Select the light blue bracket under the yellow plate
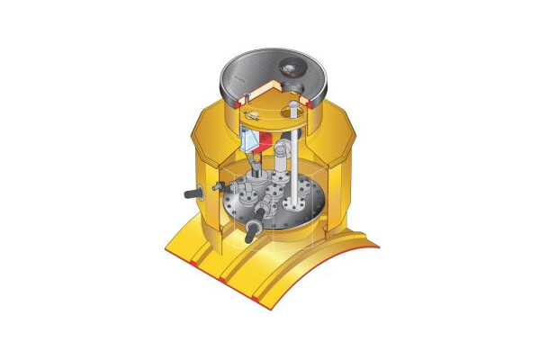pos(251,143)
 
